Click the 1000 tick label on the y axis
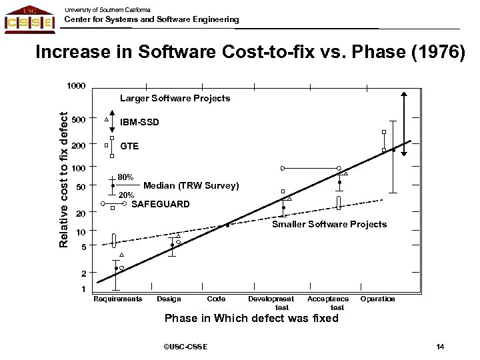[x=75, y=86]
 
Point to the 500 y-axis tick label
[x=79, y=120]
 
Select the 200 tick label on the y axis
[x=79, y=145]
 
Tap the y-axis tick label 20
[x=81, y=214]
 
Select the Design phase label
[x=169, y=299]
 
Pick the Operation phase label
[x=378, y=299]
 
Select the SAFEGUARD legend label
[x=160, y=203]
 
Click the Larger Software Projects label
[x=175, y=98]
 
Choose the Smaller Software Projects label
[x=329, y=224]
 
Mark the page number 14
[x=439, y=347]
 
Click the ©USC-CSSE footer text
[x=185, y=347]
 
